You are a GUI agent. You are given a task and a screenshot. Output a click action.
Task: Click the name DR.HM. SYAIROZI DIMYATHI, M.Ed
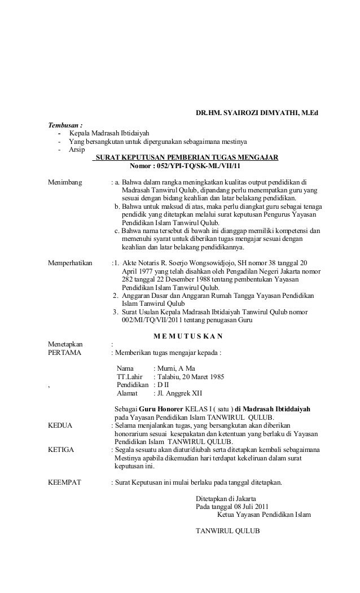[x=257, y=113]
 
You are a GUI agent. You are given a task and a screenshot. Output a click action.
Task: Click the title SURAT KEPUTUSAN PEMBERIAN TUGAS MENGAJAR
[x=187, y=158]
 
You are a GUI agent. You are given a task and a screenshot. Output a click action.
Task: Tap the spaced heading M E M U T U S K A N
[x=188, y=337]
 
